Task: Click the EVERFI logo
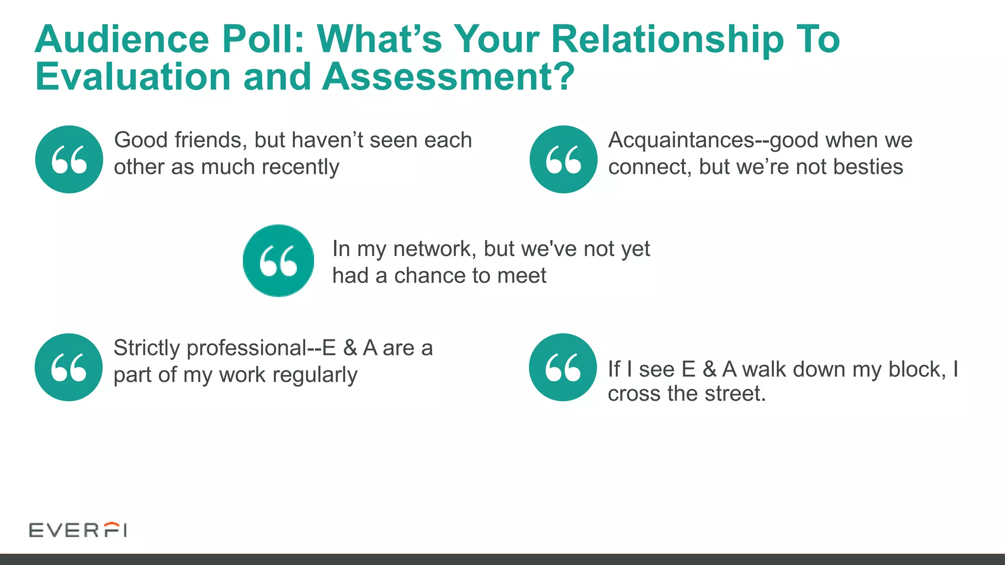point(78,530)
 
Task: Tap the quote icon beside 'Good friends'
point(69,159)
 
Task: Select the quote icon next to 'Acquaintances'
point(563,159)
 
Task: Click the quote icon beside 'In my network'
point(278,260)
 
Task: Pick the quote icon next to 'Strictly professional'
point(69,367)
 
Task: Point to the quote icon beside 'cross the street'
point(563,367)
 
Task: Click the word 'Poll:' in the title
point(263,39)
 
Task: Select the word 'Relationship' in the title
point(667,39)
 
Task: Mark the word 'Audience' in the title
point(122,39)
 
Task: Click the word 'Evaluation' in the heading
point(132,77)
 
